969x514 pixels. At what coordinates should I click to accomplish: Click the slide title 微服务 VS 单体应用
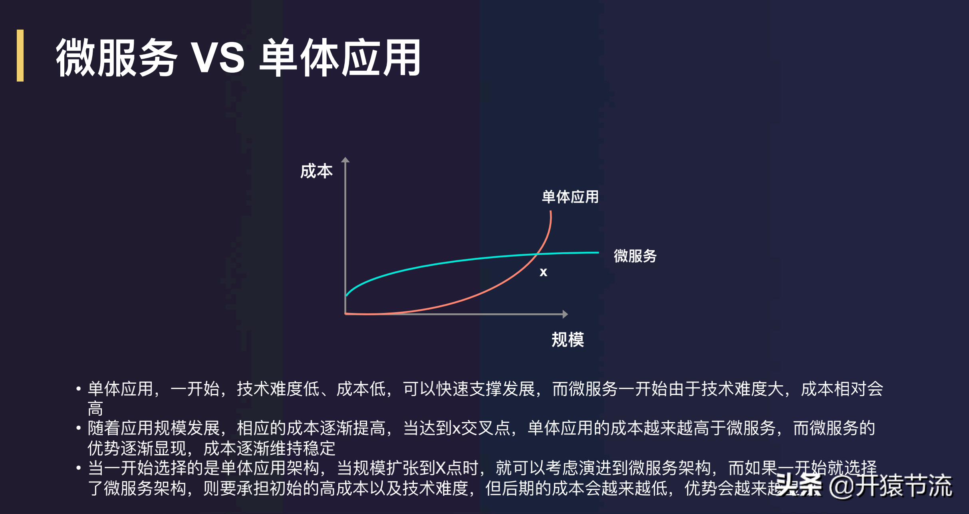tap(238, 58)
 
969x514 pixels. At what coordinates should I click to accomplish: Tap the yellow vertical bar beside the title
tap(20, 56)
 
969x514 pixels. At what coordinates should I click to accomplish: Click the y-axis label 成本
tap(316, 171)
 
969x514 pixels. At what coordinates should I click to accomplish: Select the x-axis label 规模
tap(568, 340)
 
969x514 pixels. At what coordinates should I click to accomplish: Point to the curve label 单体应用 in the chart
tap(570, 197)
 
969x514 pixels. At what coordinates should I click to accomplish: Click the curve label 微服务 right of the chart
tap(635, 256)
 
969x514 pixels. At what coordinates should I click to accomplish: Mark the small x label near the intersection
tap(543, 272)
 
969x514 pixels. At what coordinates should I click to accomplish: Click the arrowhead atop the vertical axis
tap(346, 160)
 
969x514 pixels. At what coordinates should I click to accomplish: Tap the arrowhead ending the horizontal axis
tap(565, 314)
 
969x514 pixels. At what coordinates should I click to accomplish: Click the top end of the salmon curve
tap(550, 211)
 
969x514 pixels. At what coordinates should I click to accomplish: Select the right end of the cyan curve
tap(598, 253)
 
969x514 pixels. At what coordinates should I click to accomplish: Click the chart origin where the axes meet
tap(346, 314)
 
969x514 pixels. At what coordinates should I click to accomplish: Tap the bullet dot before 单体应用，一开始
tap(79, 388)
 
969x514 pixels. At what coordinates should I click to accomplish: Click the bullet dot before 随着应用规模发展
tap(79, 428)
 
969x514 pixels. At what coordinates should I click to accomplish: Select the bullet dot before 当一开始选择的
tap(79, 468)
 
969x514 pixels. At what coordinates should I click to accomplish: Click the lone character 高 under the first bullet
tap(95, 408)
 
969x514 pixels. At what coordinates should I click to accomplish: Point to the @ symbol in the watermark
tap(841, 486)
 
